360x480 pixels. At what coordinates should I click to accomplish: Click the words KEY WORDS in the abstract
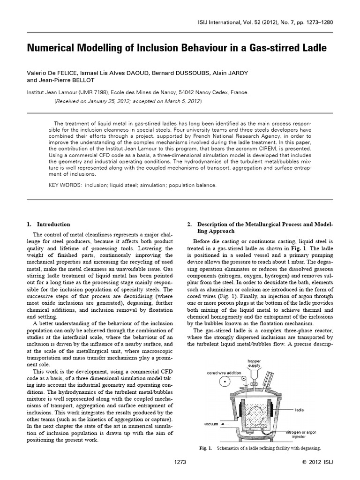tap(65, 185)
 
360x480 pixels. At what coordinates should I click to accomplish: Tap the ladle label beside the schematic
tap(300, 409)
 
